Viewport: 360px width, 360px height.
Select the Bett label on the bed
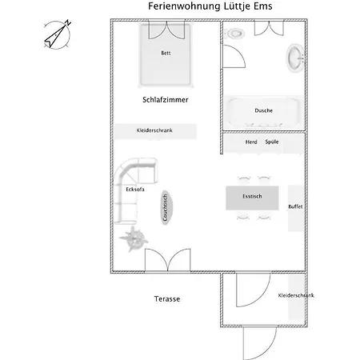166,53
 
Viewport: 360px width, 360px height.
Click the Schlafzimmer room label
166,101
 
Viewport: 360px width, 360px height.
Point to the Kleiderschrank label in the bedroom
154,130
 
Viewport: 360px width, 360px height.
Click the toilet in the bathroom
235,34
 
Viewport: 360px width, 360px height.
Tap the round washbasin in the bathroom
294,58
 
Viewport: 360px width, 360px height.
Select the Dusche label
263,110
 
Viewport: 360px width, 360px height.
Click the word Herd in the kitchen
251,142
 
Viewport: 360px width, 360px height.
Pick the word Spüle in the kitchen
272,142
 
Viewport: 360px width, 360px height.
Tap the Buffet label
296,206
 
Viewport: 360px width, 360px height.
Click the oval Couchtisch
164,208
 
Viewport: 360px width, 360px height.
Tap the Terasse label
167,298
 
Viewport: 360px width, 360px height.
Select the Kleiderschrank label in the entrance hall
296,295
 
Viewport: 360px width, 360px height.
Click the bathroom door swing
233,58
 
